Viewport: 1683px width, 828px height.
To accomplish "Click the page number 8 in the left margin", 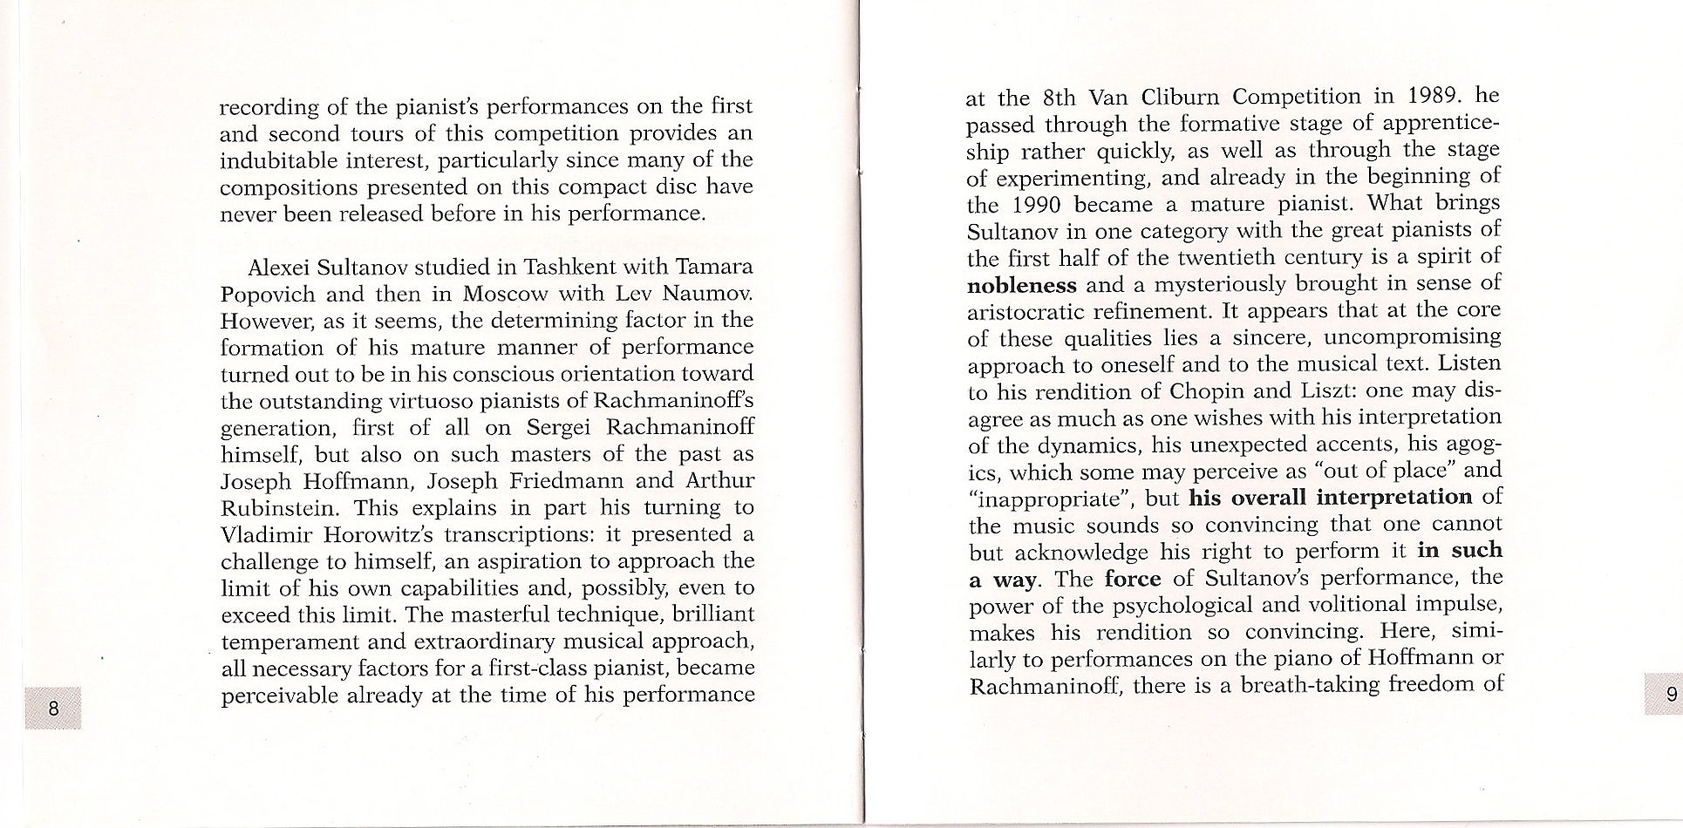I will [53, 708].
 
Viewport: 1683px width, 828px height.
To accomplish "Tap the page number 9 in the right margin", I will [1671, 695].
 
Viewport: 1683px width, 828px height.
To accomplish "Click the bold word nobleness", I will [1022, 285].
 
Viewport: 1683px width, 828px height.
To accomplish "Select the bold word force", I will [1132, 579].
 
